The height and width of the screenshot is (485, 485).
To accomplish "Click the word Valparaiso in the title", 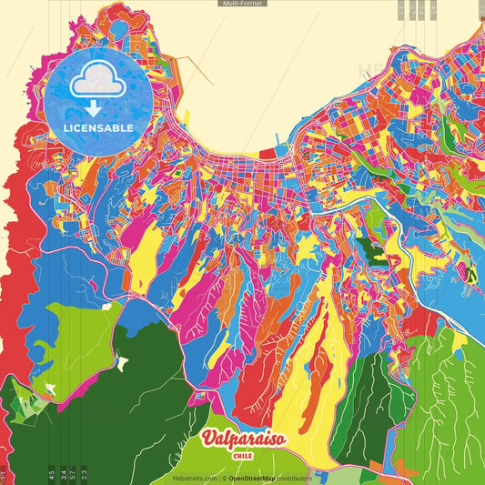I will click(243, 440).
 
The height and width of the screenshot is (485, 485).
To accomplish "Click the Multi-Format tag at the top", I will click(242, 4).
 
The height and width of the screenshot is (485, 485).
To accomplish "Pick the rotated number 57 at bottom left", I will click(72, 472).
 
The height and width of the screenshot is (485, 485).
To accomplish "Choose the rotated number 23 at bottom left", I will click(84, 472).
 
